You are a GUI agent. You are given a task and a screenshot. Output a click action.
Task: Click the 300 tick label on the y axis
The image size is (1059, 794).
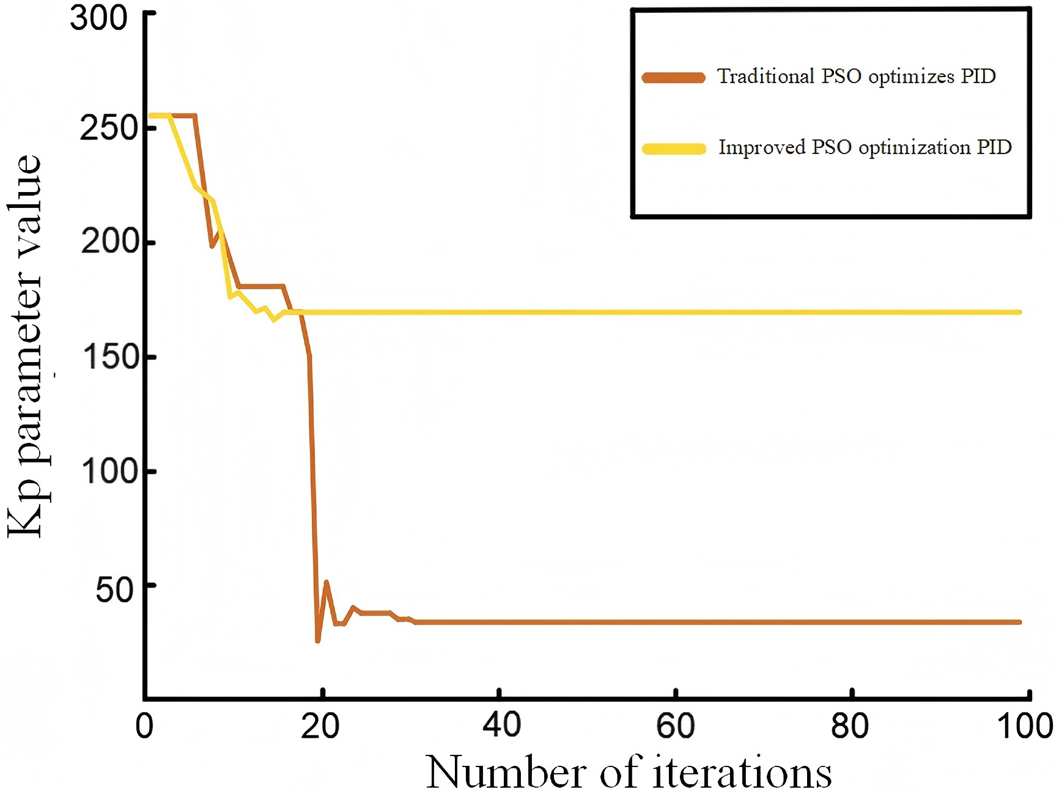98,18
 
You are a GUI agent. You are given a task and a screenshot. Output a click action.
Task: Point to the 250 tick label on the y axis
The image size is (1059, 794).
108,128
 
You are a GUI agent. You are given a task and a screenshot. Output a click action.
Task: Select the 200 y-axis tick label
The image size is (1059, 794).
109,242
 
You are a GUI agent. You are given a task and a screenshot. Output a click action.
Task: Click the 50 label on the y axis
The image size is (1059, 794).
115,590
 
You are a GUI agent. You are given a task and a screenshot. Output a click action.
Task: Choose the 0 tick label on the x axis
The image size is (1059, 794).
144,726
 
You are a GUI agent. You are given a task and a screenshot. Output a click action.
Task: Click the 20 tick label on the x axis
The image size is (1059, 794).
320,726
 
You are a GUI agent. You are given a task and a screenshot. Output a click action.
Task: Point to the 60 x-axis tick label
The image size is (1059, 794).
676,726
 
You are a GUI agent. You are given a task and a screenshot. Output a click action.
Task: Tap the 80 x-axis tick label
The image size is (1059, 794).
850,726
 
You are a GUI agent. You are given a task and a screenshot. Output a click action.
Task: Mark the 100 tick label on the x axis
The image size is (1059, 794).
1025,726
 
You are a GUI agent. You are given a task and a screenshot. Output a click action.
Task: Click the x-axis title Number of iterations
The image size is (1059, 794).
629,772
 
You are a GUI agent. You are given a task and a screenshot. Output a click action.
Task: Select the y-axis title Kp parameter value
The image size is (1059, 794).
24,346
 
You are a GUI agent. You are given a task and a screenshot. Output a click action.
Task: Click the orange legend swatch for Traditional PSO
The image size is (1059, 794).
673,78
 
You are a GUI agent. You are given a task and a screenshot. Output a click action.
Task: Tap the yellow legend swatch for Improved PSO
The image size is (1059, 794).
673,149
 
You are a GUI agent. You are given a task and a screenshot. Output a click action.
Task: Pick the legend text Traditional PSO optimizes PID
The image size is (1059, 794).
856,76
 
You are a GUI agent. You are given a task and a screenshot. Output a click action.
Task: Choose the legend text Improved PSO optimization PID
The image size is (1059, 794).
865,147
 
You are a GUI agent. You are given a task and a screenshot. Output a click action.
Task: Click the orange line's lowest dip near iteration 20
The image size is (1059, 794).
318,640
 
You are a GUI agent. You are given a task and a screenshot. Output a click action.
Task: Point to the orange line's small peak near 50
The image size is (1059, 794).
326,582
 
